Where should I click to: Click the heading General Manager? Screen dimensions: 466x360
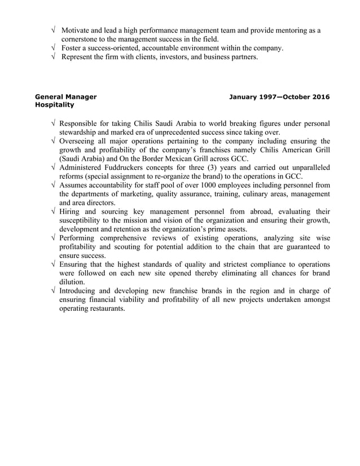[65, 96]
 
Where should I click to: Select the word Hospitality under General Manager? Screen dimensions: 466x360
[55, 105]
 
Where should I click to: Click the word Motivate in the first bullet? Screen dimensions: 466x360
[78, 30]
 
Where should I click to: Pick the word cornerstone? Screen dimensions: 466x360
[82, 39]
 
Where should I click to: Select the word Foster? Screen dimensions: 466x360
[72, 49]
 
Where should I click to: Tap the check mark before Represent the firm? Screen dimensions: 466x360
[53, 58]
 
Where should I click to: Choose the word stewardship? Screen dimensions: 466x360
[81, 133]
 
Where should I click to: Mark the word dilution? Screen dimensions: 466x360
[73, 282]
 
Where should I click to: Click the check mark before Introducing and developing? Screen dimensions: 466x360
[53, 291]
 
